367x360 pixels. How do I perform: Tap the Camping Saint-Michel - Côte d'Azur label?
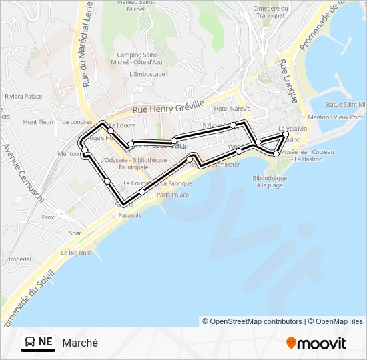pyautogui.click(x=137, y=58)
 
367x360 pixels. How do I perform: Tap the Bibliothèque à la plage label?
pyautogui.click(x=270, y=181)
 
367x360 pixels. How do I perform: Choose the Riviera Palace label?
pyautogui.click(x=23, y=97)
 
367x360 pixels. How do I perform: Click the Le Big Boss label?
pyautogui.click(x=77, y=253)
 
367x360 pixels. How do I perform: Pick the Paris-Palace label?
pyautogui.click(x=173, y=195)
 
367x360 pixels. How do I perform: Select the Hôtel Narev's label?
pyautogui.click(x=232, y=108)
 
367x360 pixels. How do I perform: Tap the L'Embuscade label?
pyautogui.click(x=147, y=74)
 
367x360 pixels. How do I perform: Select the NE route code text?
pyautogui.click(x=45, y=342)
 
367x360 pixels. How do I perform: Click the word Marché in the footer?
pyautogui.click(x=80, y=343)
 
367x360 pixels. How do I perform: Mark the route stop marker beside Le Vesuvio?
pyautogui.click(x=286, y=134)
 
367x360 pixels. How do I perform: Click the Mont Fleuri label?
pyautogui.click(x=38, y=122)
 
